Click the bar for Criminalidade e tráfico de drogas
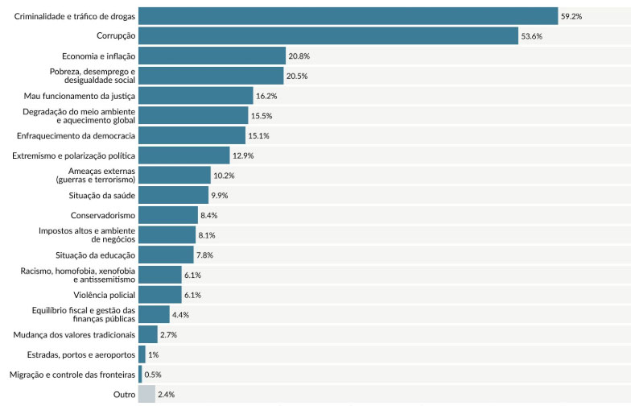(348, 16)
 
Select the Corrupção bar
(328, 35)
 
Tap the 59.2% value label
(571, 16)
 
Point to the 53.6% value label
(531, 36)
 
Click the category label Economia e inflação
(98, 56)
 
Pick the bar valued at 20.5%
(211, 76)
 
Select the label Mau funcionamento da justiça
(79, 96)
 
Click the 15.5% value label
(262, 116)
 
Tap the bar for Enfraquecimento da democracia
(192, 135)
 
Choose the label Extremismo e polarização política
(74, 155)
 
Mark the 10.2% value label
(224, 176)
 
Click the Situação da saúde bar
(174, 195)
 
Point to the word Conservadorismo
(103, 215)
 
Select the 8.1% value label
(207, 235)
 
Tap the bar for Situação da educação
(166, 255)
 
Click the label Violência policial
(105, 295)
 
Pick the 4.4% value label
(180, 315)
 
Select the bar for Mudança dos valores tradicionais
(148, 335)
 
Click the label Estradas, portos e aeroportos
(81, 354)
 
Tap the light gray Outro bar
(146, 395)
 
